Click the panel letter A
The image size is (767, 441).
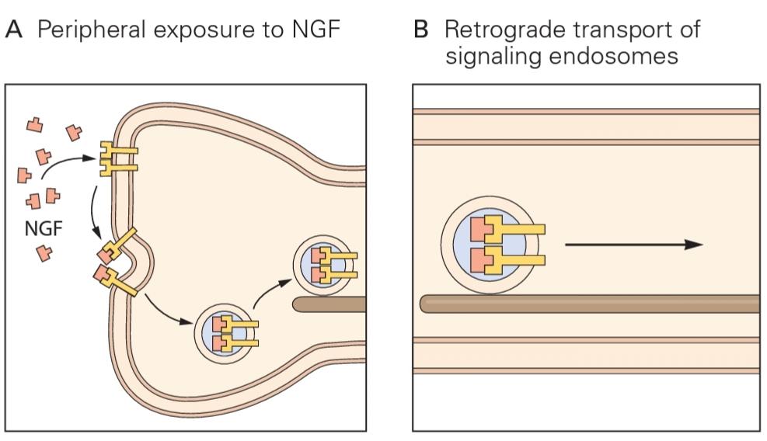16,30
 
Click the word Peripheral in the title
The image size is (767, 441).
85,31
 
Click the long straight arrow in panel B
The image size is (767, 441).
633,245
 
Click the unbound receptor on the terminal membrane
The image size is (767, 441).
117,158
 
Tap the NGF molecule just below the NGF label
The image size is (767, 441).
45,252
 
